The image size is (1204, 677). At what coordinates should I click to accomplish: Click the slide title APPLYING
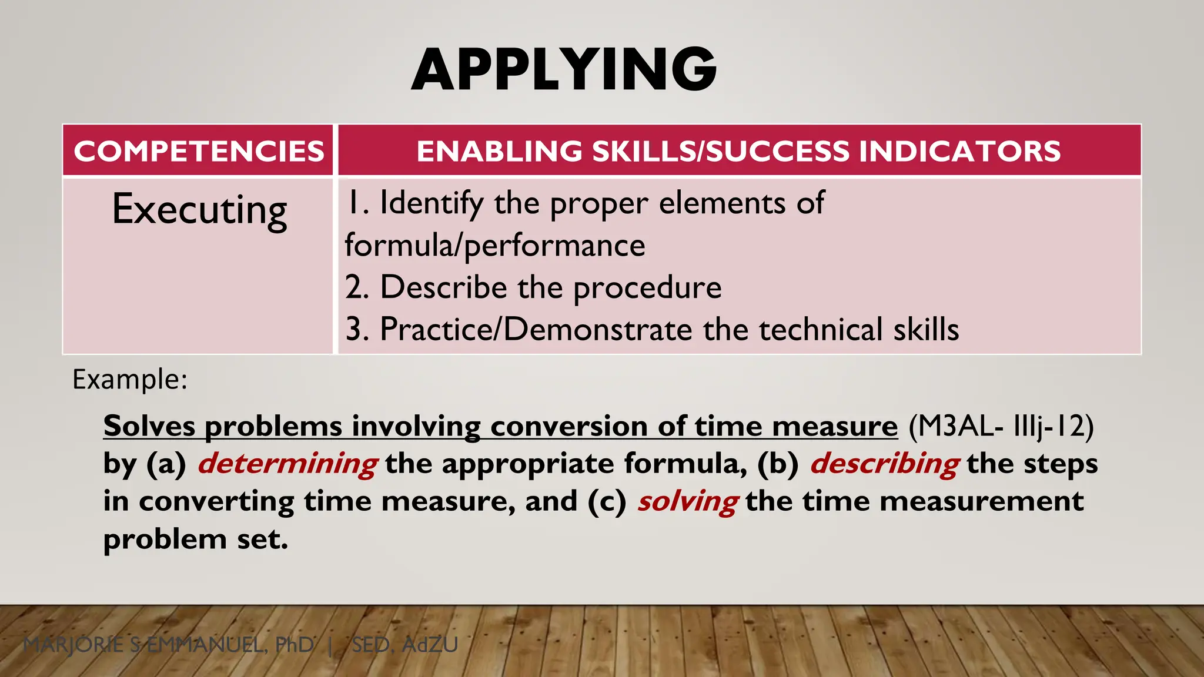pyautogui.click(x=564, y=69)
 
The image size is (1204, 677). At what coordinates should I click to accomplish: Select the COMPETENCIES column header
pyautogui.click(x=199, y=151)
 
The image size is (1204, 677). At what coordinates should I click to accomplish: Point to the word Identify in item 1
pyautogui.click(x=432, y=203)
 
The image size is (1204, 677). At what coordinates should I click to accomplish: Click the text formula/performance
pyautogui.click(x=494, y=245)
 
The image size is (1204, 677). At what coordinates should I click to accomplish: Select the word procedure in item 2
pyautogui.click(x=647, y=288)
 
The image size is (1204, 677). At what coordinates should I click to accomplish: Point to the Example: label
pyautogui.click(x=130, y=380)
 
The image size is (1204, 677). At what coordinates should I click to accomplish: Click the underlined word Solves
pyautogui.click(x=149, y=426)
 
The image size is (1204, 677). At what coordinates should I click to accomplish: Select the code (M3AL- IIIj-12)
pyautogui.click(x=1001, y=426)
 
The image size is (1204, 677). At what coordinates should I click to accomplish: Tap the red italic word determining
pyautogui.click(x=287, y=464)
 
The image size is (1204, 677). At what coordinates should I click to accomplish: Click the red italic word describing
pyautogui.click(x=885, y=464)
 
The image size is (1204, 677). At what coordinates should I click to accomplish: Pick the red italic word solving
pyautogui.click(x=688, y=502)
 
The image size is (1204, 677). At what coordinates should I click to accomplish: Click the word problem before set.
pyautogui.click(x=165, y=539)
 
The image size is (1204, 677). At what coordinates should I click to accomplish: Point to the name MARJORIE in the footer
pyautogui.click(x=73, y=645)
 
